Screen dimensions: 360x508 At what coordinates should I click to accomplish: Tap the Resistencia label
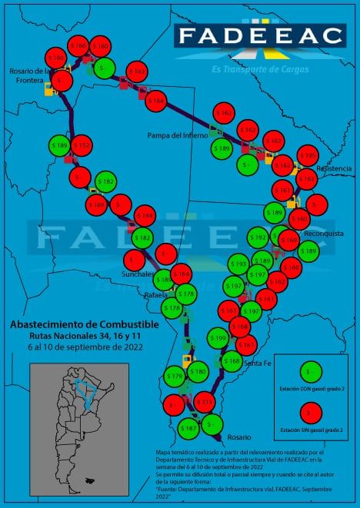[x=333, y=168]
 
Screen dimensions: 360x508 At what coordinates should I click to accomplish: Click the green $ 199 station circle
[x=218, y=337]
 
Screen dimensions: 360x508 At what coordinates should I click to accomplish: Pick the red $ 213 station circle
[x=204, y=401]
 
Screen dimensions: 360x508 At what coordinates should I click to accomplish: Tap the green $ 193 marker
[x=238, y=264]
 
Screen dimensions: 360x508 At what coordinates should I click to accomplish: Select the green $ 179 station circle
[x=175, y=376]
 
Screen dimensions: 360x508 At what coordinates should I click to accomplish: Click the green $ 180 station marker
[x=198, y=372]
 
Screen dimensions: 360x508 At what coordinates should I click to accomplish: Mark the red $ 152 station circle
[x=81, y=144]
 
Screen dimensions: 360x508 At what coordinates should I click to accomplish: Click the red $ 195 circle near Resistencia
[x=308, y=155]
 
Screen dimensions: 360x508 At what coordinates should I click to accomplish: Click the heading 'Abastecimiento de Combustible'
[x=85, y=324]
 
